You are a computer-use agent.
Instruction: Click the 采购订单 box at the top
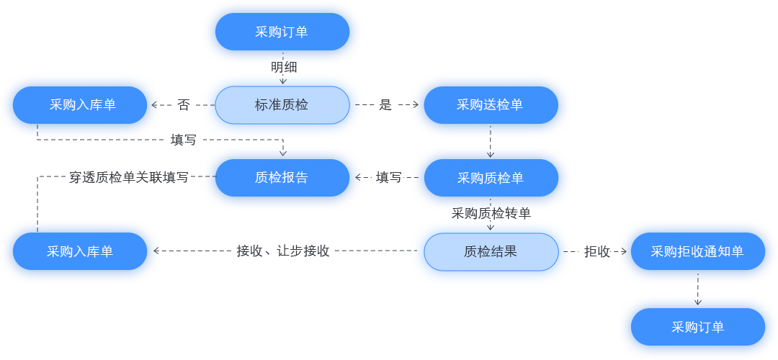coord(282,32)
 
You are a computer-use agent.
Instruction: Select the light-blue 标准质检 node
coord(282,105)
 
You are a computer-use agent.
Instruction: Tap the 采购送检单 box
coord(491,105)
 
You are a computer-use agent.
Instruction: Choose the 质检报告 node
coord(282,178)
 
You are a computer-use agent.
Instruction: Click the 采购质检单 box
coord(491,178)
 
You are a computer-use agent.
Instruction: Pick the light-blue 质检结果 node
coord(491,252)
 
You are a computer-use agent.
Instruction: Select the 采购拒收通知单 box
coord(697,252)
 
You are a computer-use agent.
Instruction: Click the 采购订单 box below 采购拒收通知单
coord(697,327)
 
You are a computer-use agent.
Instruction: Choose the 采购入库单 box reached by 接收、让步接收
coord(80,252)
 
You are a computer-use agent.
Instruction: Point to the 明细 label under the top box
coord(283,68)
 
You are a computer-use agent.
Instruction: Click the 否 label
coord(184,105)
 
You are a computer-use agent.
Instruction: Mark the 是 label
coord(385,105)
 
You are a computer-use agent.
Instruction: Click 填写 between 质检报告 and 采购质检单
coord(389,177)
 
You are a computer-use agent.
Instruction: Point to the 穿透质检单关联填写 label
coord(129,177)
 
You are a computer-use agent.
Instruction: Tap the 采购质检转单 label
coord(491,214)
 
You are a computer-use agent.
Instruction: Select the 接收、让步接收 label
coord(283,251)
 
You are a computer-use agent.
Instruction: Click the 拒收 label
coord(596,252)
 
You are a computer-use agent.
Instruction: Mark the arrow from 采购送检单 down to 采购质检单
coord(491,143)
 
